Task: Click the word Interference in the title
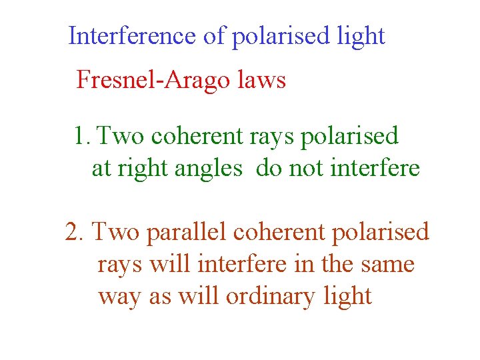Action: pos(133,36)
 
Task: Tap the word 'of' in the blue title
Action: pos(215,36)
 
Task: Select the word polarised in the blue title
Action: pos(281,37)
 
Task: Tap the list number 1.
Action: pos(81,136)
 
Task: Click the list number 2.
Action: pos(75,232)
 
